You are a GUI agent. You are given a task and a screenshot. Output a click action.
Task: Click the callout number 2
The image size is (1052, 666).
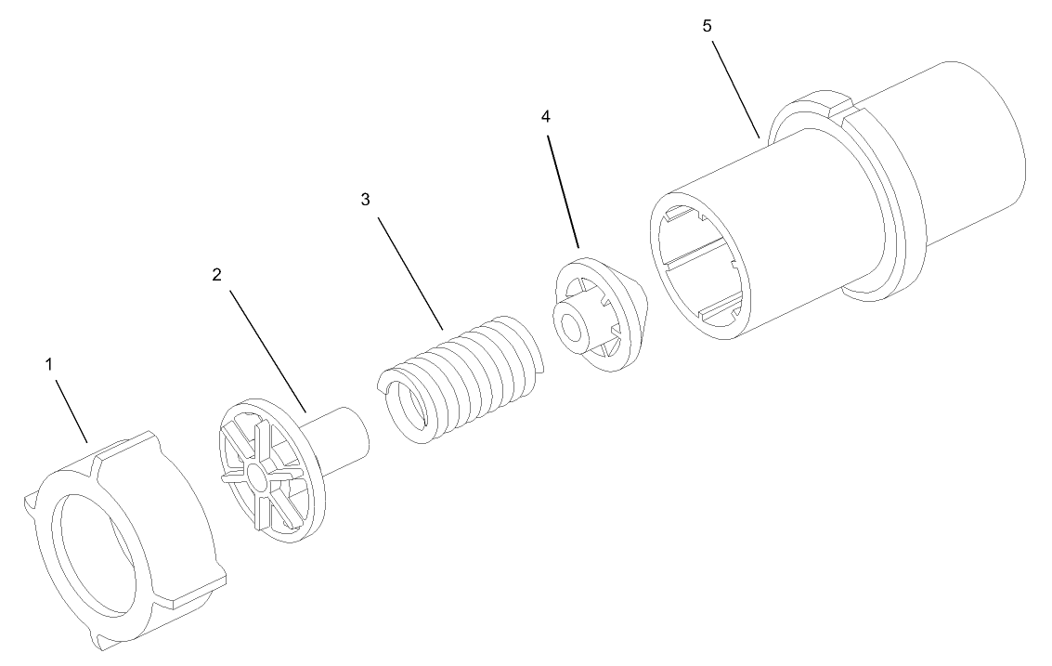pos(216,275)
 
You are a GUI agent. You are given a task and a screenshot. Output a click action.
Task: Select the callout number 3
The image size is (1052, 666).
pos(365,200)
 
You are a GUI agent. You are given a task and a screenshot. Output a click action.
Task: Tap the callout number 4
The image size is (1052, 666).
pos(545,116)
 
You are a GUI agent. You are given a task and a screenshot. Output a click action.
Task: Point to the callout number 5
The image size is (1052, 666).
pos(707,25)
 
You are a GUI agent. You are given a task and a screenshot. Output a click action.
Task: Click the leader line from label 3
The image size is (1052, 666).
pos(409,269)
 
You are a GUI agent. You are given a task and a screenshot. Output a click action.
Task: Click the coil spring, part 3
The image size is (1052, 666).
pos(474,372)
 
